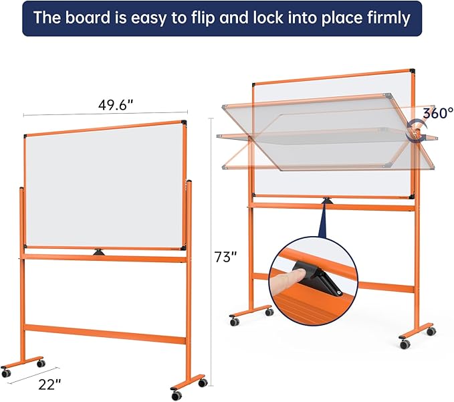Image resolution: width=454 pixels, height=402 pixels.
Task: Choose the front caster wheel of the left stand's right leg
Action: [177, 395]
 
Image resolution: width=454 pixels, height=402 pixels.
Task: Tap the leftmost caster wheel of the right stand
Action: [235, 322]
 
